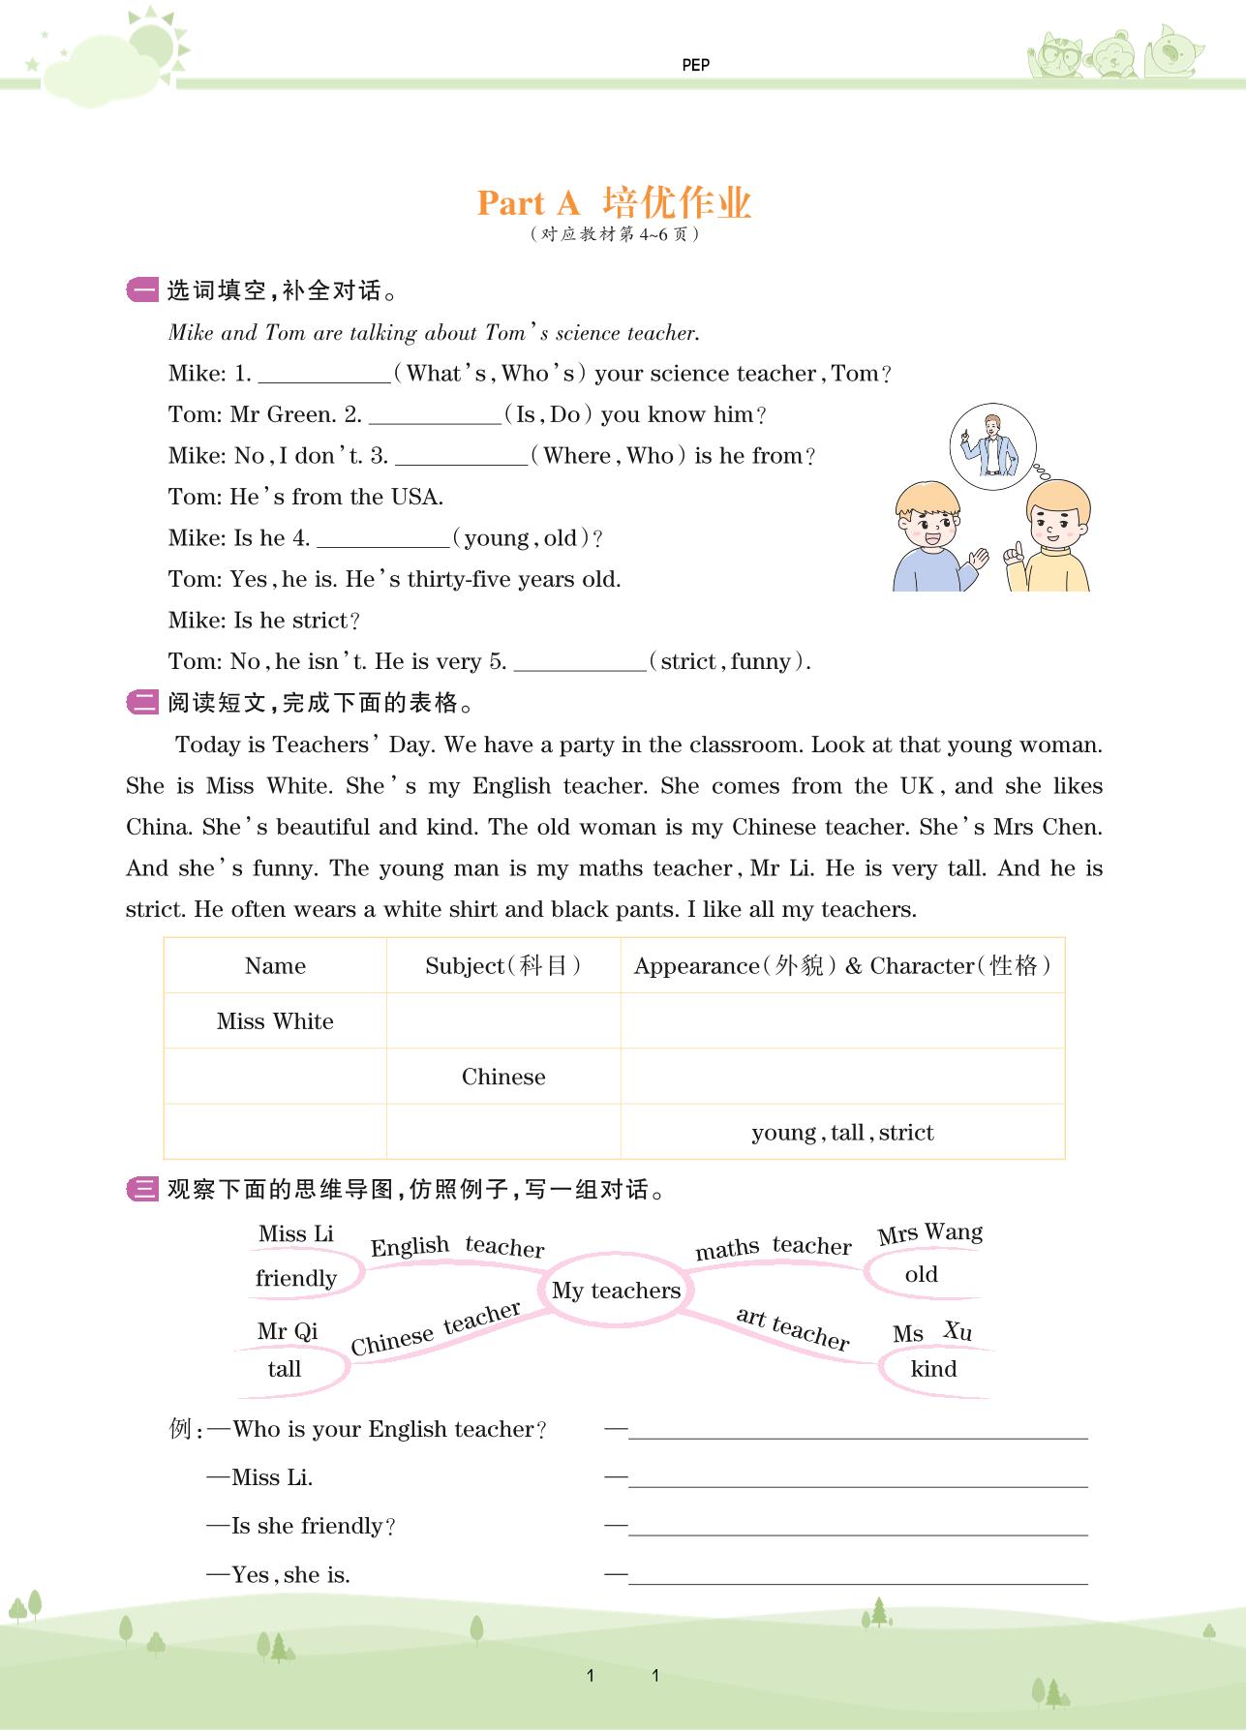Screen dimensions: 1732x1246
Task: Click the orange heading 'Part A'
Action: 528,203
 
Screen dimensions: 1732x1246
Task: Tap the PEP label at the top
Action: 695,65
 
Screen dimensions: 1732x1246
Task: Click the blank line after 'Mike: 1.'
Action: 323,375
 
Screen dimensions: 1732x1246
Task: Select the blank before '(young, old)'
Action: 382,539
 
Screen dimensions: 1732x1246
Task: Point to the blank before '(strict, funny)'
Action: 579,663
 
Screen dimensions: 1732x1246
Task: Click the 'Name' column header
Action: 275,966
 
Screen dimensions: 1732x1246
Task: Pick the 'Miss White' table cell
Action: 275,1021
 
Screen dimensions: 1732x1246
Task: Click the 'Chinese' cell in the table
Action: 503,1077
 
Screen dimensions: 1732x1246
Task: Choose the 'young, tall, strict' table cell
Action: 842,1133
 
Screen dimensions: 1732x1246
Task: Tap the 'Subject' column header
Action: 503,966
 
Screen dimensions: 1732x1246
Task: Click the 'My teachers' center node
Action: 616,1291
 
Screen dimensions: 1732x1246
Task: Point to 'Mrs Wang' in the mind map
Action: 929,1233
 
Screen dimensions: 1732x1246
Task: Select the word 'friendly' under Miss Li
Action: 296,1278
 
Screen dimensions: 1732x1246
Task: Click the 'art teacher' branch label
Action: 792,1327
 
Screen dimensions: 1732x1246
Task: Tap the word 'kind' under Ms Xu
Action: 933,1369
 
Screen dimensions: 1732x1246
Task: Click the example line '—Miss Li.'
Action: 259,1477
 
